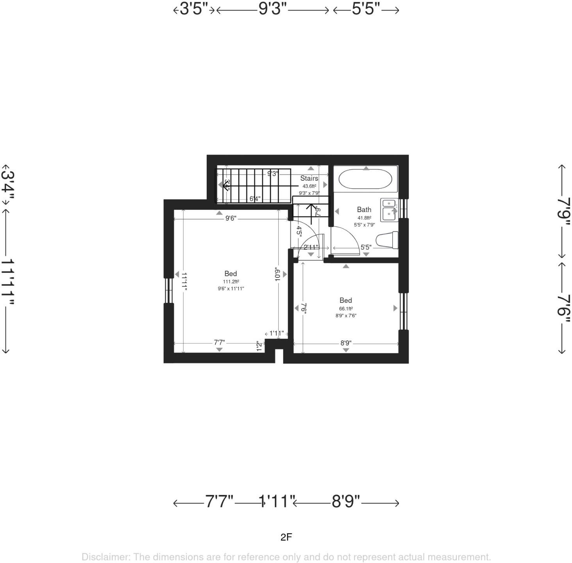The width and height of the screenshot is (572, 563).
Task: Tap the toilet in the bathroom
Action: (x=387, y=240)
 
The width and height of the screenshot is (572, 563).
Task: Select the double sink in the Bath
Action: (x=389, y=210)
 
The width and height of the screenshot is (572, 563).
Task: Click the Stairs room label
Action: (x=309, y=178)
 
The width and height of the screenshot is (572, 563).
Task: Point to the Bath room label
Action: (x=364, y=210)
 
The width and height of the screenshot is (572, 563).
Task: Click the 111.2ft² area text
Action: (x=231, y=282)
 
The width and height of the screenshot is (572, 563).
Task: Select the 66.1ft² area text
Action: (x=346, y=308)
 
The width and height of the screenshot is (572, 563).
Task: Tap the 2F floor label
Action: (x=286, y=537)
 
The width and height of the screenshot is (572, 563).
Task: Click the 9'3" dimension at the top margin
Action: (x=272, y=9)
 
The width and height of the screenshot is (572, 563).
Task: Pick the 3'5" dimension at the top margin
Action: (x=194, y=9)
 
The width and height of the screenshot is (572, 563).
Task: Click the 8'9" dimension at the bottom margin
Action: (x=346, y=501)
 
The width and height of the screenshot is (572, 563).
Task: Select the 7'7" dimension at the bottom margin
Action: (x=219, y=501)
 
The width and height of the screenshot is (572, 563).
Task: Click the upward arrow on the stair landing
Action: (x=311, y=211)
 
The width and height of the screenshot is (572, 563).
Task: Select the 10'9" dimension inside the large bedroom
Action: (x=278, y=274)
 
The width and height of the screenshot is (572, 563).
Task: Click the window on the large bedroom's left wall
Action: (x=168, y=291)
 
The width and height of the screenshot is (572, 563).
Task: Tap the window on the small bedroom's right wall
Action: (x=404, y=311)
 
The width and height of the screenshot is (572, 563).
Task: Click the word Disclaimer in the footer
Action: (x=105, y=557)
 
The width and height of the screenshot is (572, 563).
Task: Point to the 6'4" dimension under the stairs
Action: (x=255, y=199)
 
